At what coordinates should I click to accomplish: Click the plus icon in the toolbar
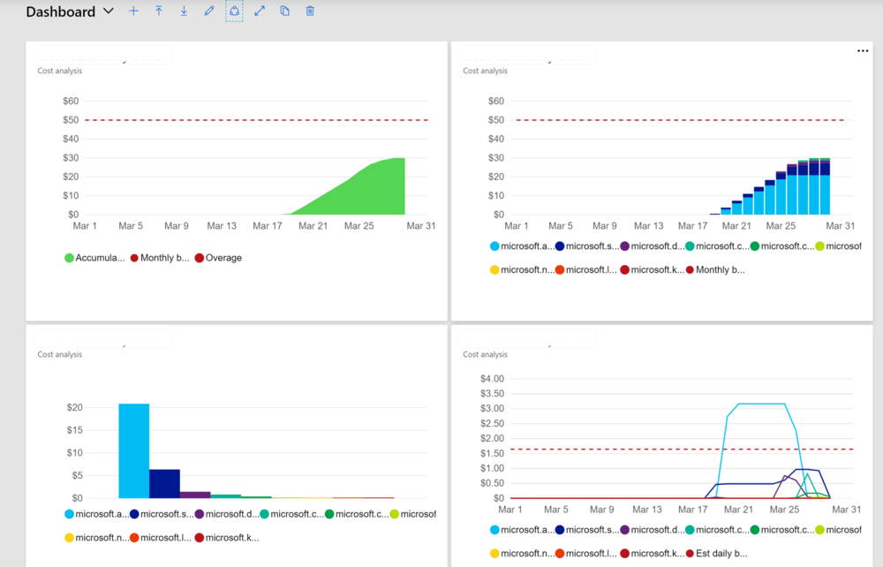tap(133, 11)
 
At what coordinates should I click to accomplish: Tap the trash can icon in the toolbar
tap(310, 11)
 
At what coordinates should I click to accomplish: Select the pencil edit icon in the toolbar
tap(209, 11)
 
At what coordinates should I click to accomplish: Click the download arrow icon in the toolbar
tap(184, 11)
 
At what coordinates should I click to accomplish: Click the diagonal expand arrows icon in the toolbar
tap(260, 11)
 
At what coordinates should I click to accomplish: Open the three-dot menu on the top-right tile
tap(863, 51)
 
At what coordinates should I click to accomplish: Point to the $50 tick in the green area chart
tap(70, 120)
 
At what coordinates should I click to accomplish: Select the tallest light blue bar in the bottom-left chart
tap(134, 450)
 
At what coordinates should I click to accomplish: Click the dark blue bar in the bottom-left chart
tap(164, 483)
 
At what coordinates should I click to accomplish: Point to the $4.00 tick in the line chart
tap(491, 379)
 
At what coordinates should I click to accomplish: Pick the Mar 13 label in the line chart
tap(646, 510)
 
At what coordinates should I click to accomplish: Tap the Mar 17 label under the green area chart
tap(267, 226)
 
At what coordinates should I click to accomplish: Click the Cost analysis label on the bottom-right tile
tap(485, 354)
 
